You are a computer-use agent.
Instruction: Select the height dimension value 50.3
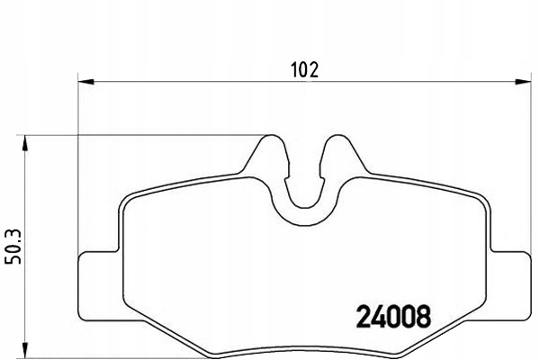(13, 244)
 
